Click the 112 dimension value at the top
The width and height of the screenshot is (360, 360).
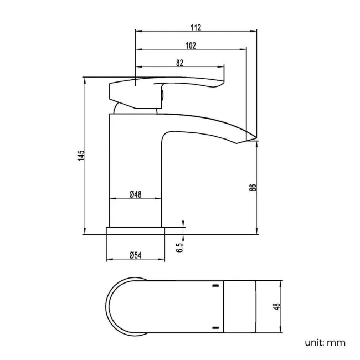pyautogui.click(x=196, y=27)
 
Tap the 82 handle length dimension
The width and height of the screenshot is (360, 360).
pyautogui.click(x=179, y=63)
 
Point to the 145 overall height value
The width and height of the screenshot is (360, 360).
pyautogui.click(x=81, y=156)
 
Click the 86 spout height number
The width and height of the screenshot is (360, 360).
pyautogui.click(x=253, y=187)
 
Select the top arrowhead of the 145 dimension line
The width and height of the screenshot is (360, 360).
pyautogui.click(x=85, y=79)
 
